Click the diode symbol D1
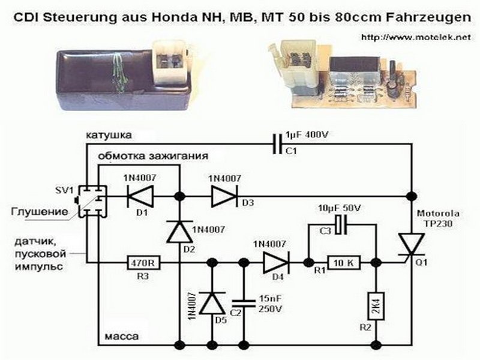pos(140,196)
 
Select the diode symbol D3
pos(224,196)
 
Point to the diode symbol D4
pos(275,262)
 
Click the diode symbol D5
pos(212,302)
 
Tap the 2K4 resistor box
pos(376,306)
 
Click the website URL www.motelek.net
pos(414,37)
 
